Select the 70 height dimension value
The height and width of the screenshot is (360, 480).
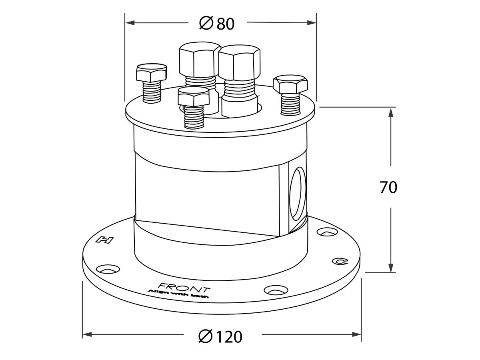click(388, 187)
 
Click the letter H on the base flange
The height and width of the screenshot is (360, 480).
click(104, 240)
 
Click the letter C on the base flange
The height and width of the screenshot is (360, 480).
click(340, 262)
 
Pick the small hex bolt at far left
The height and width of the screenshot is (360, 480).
click(151, 74)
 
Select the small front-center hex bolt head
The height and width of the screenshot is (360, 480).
click(194, 97)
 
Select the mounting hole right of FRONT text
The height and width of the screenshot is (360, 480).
click(276, 290)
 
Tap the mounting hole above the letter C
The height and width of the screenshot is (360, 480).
click(326, 232)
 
